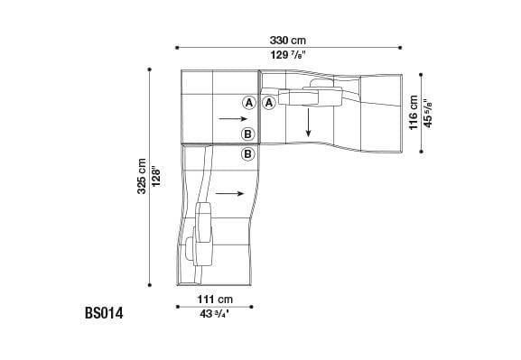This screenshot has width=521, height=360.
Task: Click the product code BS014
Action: pyautogui.click(x=103, y=314)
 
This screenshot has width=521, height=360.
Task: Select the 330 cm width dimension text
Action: pyautogui.click(x=287, y=40)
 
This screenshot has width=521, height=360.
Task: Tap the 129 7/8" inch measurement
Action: pyautogui.click(x=287, y=55)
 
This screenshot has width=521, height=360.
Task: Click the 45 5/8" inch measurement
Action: pyautogui.click(x=429, y=115)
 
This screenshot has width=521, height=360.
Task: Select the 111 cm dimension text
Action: pyautogui.click(x=215, y=299)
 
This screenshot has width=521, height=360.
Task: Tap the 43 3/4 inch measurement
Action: pyautogui.click(x=215, y=313)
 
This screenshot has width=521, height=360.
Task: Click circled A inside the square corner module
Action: pyautogui.click(x=247, y=103)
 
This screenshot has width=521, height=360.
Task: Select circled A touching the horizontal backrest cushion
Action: pyautogui.click(x=268, y=103)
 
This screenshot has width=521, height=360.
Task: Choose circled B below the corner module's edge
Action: pyautogui.click(x=247, y=154)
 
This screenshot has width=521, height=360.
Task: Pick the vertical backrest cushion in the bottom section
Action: pyautogui.click(x=204, y=233)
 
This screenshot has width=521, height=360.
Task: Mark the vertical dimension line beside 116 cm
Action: pyautogui.click(x=422, y=115)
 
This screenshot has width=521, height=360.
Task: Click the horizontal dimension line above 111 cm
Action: pyautogui.click(x=215, y=306)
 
